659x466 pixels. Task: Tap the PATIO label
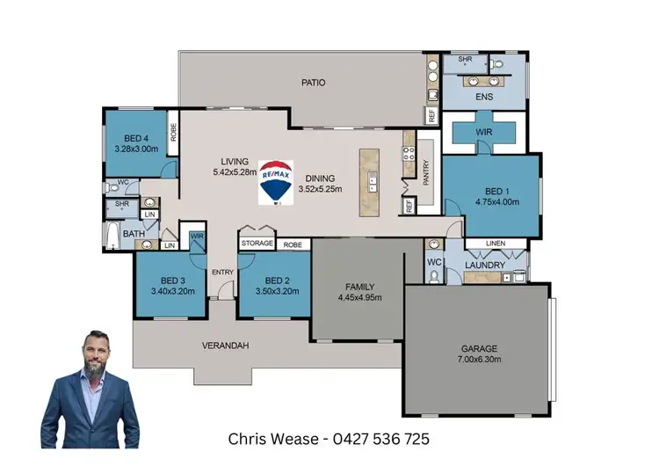coord(314,84)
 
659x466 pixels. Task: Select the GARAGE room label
coord(476,348)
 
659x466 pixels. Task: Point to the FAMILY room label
coord(359,287)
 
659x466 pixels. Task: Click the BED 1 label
coord(496,191)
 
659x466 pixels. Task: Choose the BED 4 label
coord(135,138)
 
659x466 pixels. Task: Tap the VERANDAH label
coord(224,346)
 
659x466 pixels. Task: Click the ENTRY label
coord(222,273)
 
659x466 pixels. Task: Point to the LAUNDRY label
coord(485,265)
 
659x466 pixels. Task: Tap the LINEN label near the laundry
coord(484,244)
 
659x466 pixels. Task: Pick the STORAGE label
coord(257,244)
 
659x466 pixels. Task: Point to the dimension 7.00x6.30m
coord(476,360)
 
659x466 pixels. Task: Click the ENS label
coord(482,97)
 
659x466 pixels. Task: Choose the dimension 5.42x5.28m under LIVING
coord(235,173)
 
